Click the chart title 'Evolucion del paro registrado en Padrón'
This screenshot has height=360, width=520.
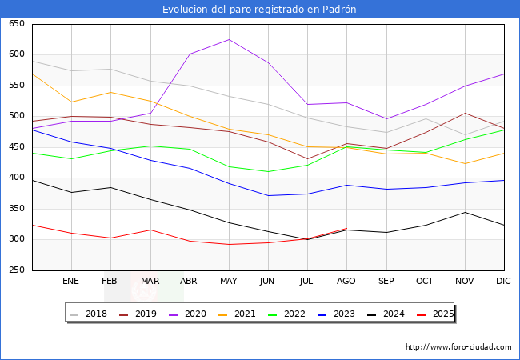coord(259,10)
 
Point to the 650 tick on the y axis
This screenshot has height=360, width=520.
coord(16,24)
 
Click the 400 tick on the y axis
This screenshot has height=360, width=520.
coord(16,178)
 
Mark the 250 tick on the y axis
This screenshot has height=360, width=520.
coord(16,270)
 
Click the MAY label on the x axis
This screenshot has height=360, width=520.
coord(228,282)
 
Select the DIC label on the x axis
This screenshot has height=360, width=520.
coord(503,282)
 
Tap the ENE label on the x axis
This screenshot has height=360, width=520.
coord(71,282)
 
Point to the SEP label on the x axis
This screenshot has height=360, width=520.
coord(386,282)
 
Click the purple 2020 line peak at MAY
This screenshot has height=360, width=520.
coord(229,39)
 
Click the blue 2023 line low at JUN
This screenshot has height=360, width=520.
coord(268,195)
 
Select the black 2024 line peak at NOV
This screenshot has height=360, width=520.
coord(465,212)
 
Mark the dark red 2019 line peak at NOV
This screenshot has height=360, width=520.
coord(465,113)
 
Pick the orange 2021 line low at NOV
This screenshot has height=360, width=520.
coord(465,164)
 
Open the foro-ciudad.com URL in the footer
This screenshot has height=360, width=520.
coord(458,347)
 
